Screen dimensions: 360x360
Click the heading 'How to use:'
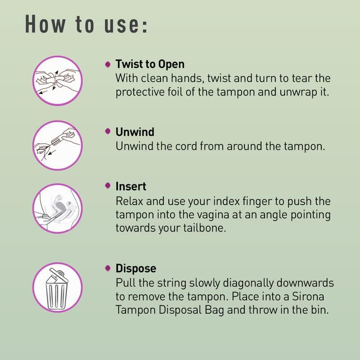coord(86,24)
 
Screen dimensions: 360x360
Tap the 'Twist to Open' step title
coord(150,64)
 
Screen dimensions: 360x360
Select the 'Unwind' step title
coord(135,132)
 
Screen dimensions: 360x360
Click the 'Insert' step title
coord(131,186)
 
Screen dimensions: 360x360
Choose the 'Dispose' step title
coord(136,268)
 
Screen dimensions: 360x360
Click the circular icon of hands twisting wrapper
coord(58,80)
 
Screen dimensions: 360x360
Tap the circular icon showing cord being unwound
coord(58,145)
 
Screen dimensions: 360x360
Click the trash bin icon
coord(58,287)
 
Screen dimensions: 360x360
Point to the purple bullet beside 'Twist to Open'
coord(108,64)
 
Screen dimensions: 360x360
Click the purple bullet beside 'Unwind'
coord(108,131)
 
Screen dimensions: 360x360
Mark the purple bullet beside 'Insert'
coord(108,185)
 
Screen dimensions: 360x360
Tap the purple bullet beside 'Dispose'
coord(108,268)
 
